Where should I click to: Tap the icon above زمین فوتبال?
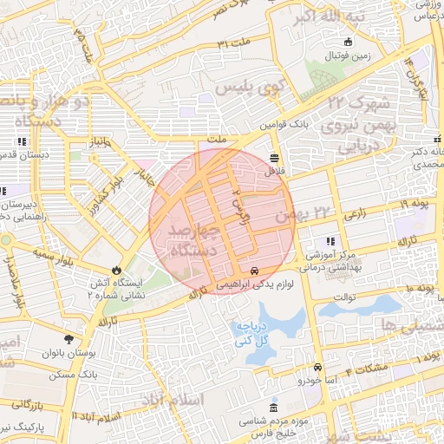click(x=349, y=42)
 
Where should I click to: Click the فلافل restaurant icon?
click(x=274, y=158)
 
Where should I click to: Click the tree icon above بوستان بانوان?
click(x=69, y=338)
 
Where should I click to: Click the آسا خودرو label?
click(x=317, y=380)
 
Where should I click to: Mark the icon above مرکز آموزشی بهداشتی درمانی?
click(x=329, y=241)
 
